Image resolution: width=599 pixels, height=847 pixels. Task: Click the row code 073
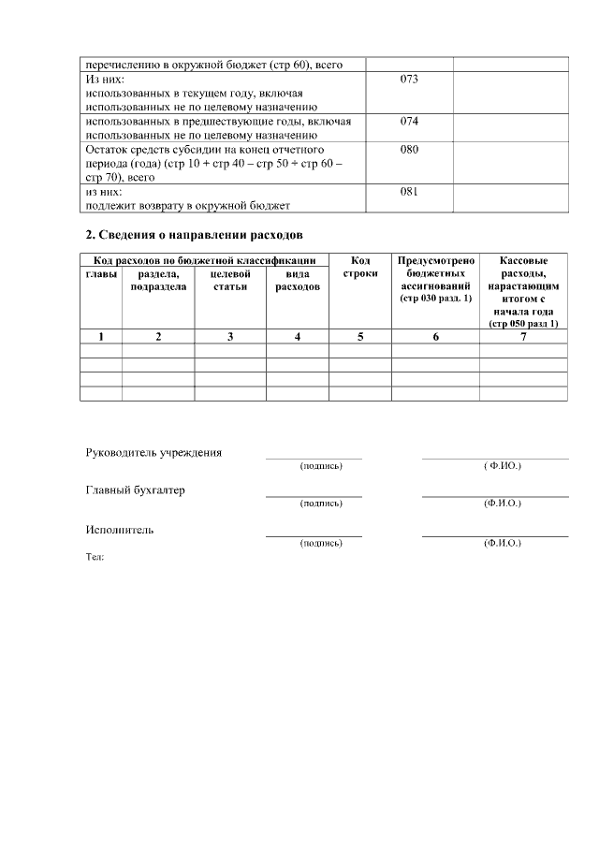(408, 80)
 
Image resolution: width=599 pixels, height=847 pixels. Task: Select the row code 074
(408, 121)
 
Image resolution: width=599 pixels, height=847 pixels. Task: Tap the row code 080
(408, 149)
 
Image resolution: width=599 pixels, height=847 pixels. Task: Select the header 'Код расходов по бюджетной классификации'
(203, 260)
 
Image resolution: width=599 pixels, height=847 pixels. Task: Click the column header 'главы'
(101, 273)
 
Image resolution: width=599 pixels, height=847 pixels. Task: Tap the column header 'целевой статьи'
(229, 280)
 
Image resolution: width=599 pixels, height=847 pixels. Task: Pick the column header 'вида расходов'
(297, 280)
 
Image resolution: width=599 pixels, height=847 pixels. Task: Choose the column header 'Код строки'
(360, 267)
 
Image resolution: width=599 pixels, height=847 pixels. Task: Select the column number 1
(101, 336)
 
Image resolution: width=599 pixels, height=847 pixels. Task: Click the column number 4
(297, 336)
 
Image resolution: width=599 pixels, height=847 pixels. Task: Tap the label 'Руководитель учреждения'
(153, 453)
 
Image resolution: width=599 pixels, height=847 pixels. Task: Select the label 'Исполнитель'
(120, 530)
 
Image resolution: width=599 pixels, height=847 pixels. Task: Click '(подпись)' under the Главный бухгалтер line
(320, 504)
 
